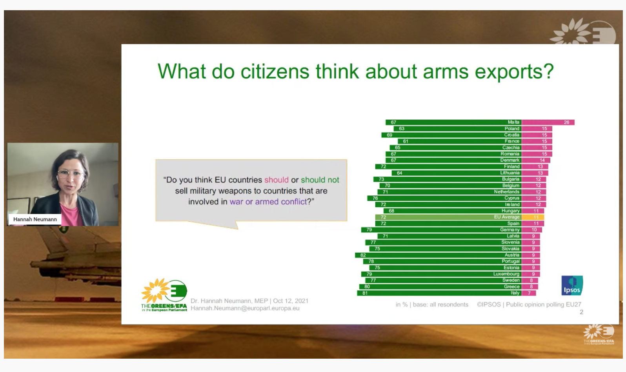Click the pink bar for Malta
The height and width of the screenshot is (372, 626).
pos(548,122)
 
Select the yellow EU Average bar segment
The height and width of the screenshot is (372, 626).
pos(533,217)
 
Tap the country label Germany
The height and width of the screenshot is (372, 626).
pos(510,230)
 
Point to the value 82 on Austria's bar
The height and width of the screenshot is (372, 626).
pos(363,255)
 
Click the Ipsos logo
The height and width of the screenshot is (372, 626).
pos(572,285)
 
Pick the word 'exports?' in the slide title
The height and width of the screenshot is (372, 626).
pos(514,72)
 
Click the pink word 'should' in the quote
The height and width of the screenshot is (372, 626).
pos(277,180)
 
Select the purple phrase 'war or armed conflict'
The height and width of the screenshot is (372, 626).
pos(268,202)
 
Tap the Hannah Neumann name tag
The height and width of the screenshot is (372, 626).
pos(35,219)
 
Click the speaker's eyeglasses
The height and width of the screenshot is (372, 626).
pos(71,174)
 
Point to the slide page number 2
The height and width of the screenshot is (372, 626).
pos(581,312)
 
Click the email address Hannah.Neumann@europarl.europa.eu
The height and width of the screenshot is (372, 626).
pos(245,308)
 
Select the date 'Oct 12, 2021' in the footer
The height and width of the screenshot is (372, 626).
pos(291,301)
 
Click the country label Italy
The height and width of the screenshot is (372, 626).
pos(515,293)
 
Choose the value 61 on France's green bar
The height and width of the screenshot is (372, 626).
pos(406,141)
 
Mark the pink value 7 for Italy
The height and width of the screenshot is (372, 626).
pos(529,293)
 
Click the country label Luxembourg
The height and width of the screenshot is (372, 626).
pos(506,274)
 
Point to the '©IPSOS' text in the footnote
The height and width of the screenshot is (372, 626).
pos(489,305)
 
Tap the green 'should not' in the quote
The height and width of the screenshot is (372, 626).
pos(320,180)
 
